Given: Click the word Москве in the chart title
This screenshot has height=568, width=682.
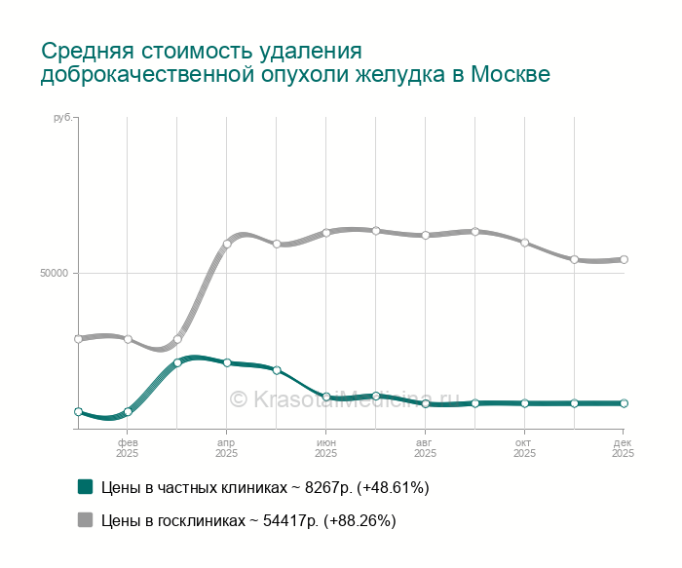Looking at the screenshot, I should point(510,75).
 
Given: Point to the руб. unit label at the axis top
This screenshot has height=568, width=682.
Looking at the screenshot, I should point(63,118).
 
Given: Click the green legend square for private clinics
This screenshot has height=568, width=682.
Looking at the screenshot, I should point(86,487).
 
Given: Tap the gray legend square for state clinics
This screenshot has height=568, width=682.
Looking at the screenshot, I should point(86,520).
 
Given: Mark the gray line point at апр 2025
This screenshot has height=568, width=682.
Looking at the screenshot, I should point(227,245).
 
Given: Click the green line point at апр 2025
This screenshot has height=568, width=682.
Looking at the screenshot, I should point(227,362).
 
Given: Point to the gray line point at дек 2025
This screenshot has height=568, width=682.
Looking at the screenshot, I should point(624,259).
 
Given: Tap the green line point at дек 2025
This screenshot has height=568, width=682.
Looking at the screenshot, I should point(624,403).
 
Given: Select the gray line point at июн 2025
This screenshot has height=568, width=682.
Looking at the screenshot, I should point(326,233).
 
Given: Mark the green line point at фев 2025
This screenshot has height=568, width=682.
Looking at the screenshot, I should point(128,412).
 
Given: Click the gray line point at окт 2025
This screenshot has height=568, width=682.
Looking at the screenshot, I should point(524,243).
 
